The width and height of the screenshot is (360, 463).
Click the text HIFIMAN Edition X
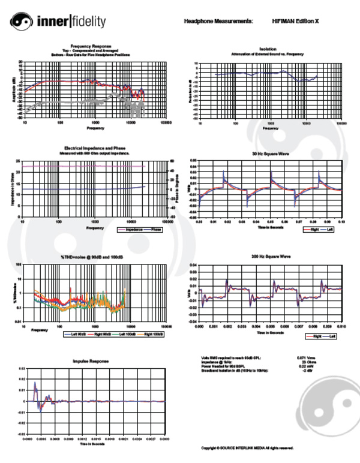tap(295, 21)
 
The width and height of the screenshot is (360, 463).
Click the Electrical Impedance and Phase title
tap(96, 148)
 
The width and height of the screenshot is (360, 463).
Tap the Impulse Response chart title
tap(89, 362)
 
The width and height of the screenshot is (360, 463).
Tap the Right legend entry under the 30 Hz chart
tap(310, 229)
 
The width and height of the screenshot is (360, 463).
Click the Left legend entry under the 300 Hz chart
tap(330, 337)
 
